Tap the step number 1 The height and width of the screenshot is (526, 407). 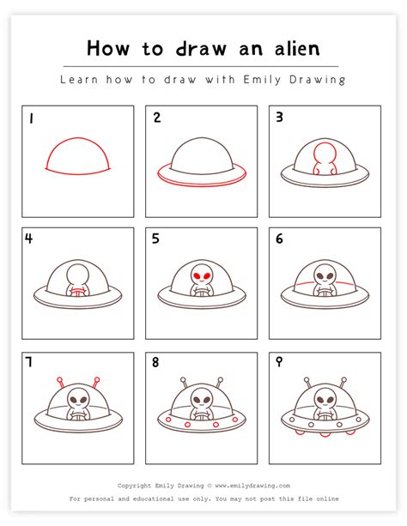pos(31,118)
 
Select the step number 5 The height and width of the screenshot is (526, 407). pos(155,239)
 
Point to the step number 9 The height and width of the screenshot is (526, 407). pos(279,363)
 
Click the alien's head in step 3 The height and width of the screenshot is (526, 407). pos(325,153)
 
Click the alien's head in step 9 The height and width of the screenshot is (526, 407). pos(325,400)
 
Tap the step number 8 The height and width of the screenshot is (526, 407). pos(155,363)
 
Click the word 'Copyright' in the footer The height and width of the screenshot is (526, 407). pos(137,485)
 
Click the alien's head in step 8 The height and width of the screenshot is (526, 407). pos(202,400)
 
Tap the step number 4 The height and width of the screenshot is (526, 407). pos(31,239)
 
